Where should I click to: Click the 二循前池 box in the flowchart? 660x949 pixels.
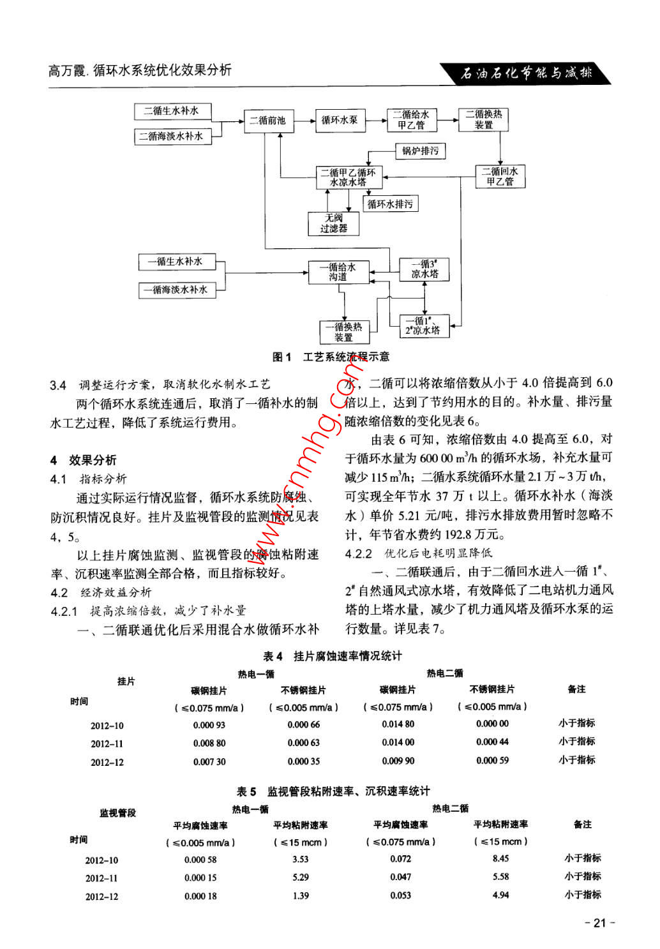click(x=268, y=121)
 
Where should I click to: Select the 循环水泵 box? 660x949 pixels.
click(x=339, y=120)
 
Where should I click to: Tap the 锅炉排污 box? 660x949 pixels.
click(x=420, y=151)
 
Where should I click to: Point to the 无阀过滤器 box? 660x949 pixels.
click(x=334, y=223)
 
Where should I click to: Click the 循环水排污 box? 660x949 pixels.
click(x=390, y=204)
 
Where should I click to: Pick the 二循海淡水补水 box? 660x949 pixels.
click(x=172, y=137)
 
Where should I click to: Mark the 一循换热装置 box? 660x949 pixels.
click(x=344, y=332)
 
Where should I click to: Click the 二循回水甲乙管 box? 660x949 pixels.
click(x=500, y=177)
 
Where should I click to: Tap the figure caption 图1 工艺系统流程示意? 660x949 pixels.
click(x=331, y=357)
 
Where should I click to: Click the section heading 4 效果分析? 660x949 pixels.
click(x=84, y=460)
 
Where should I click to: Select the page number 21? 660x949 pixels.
click(x=599, y=923)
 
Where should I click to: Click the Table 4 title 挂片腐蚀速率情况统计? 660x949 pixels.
click(x=333, y=656)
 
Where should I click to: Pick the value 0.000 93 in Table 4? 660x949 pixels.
click(x=209, y=725)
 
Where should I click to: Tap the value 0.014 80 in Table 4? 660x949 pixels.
click(x=398, y=724)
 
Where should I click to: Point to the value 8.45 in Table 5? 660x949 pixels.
click(x=500, y=859)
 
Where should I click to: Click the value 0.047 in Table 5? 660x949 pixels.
click(x=400, y=878)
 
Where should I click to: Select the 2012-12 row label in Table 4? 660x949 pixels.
click(x=107, y=762)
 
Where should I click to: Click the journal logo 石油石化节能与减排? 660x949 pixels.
click(x=526, y=73)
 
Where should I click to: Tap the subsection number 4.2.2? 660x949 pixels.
click(x=358, y=553)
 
